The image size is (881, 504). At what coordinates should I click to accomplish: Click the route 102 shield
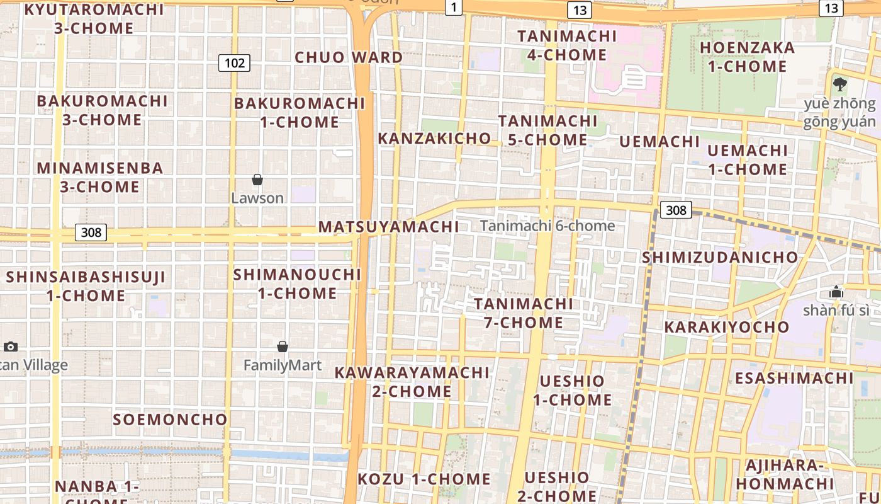point(235,62)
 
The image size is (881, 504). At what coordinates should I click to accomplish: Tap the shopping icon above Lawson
point(257,180)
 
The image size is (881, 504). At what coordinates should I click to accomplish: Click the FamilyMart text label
point(283,365)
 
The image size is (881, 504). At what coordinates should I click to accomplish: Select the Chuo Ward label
point(349,57)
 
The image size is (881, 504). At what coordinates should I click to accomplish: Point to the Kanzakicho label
point(434,138)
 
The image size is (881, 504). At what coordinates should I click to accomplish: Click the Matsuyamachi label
point(388,226)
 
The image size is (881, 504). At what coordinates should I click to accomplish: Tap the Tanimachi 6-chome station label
point(547,226)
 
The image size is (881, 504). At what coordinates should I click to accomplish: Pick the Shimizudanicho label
point(720,257)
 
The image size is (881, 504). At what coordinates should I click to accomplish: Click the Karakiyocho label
point(727,326)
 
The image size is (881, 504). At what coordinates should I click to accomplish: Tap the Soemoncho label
point(170,419)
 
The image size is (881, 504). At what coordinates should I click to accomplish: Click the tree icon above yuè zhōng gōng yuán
point(839,84)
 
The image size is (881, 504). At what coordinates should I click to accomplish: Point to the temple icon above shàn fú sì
point(836,291)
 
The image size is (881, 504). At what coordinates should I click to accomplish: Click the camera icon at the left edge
point(10,346)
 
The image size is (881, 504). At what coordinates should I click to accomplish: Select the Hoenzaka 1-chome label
point(747,57)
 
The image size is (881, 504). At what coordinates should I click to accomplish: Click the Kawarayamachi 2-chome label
point(412,382)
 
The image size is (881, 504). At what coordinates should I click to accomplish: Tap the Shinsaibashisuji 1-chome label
point(86,286)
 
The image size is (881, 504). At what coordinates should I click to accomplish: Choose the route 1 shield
point(453,7)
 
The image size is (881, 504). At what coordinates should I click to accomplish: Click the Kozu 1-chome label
point(424,479)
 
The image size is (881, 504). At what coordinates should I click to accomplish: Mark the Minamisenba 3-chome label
point(100,177)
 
